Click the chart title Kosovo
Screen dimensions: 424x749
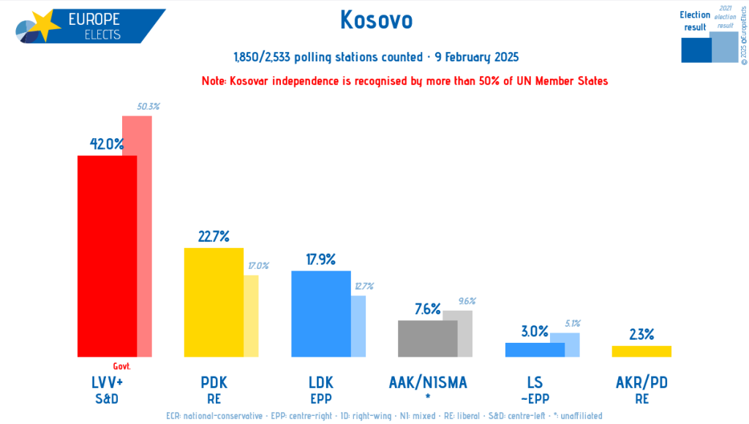(x=376, y=20)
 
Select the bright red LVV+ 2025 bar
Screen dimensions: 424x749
(x=107, y=256)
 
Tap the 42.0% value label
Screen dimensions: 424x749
(x=107, y=144)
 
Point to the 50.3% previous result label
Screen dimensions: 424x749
(x=148, y=107)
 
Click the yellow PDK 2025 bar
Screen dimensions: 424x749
(x=213, y=302)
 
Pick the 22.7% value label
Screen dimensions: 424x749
(x=214, y=236)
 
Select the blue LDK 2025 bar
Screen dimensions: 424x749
(x=320, y=314)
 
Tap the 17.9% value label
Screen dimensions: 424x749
(x=320, y=260)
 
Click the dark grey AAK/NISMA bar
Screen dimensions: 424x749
(x=427, y=338)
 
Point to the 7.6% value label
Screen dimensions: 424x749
(x=427, y=309)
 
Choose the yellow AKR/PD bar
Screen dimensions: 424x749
(x=641, y=351)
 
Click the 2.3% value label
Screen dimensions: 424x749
(x=641, y=335)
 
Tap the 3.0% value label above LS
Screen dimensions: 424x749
(x=535, y=331)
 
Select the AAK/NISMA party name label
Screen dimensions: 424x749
(x=428, y=382)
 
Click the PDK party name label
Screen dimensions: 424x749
(x=214, y=382)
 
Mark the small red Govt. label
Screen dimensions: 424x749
(x=121, y=366)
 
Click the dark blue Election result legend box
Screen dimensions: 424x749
(x=696, y=50)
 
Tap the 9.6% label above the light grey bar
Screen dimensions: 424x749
(x=467, y=301)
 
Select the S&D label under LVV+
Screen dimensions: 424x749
(x=107, y=399)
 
